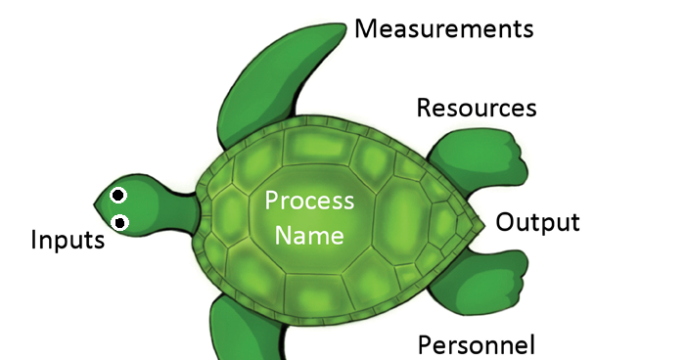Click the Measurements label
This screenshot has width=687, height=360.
pyautogui.click(x=443, y=28)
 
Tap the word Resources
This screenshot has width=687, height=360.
pyautogui.click(x=477, y=107)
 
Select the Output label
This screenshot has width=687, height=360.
pyautogui.click(x=537, y=222)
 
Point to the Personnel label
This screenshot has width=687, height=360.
pyautogui.click(x=477, y=344)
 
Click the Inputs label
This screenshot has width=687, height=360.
pyautogui.click(x=68, y=239)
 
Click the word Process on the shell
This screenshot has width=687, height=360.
pyautogui.click(x=309, y=202)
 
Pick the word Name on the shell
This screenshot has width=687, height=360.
pyautogui.click(x=309, y=235)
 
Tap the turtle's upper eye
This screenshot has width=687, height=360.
pyautogui.click(x=118, y=196)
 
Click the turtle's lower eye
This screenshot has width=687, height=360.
pyautogui.click(x=120, y=223)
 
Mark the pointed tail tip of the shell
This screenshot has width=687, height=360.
pyautogui.click(x=482, y=224)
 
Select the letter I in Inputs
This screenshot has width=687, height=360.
pyautogui.click(x=34, y=239)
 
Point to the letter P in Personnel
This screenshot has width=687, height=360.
pyautogui.click(x=425, y=344)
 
